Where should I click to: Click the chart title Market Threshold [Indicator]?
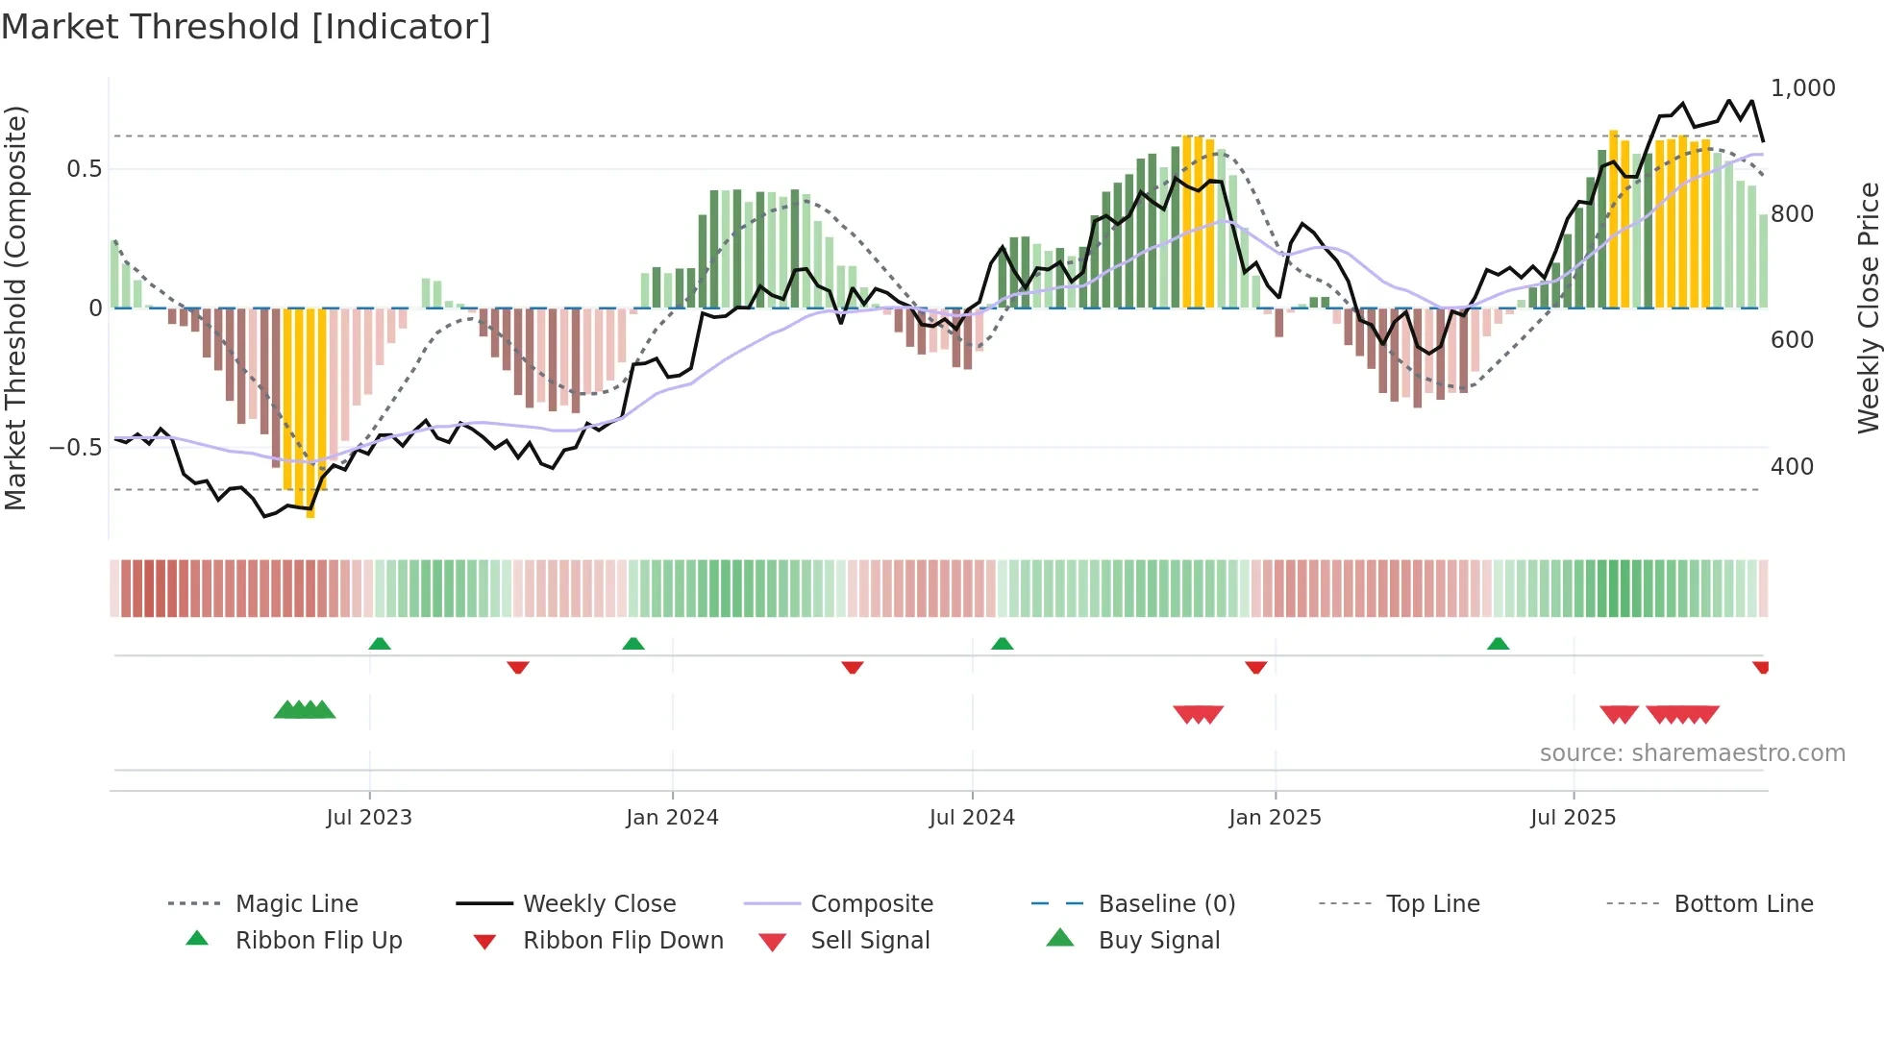coord(246,27)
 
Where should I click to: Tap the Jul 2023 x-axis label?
coord(369,818)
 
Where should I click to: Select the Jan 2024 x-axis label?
coord(672,818)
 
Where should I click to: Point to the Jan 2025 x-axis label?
coord(1275,818)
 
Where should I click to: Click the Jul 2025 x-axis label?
coord(1573,818)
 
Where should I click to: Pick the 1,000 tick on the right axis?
coord(1802,88)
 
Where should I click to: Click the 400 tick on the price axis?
coord(1792,467)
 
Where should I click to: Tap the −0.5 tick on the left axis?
coord(75,448)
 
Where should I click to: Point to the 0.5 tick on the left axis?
coord(84,169)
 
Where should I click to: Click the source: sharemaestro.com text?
coord(1692,753)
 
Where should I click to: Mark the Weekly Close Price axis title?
coord(1868,308)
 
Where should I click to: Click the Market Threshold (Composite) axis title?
coord(15,308)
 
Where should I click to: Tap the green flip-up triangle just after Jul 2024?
coord(1002,644)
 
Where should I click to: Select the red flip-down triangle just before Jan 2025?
coord(1255,667)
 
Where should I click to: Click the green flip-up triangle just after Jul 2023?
coord(380,644)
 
